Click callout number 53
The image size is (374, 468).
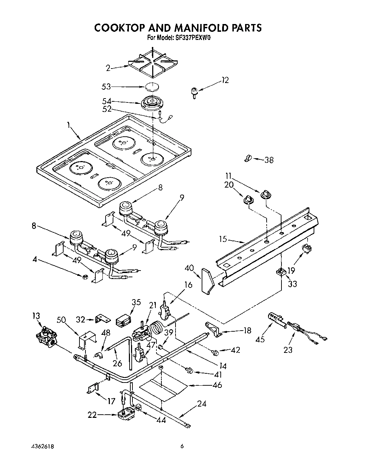click(106, 86)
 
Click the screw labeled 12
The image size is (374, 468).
click(194, 93)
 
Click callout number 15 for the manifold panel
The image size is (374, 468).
click(222, 239)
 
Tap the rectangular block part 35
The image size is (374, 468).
click(123, 320)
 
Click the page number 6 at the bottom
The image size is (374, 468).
click(182, 446)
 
